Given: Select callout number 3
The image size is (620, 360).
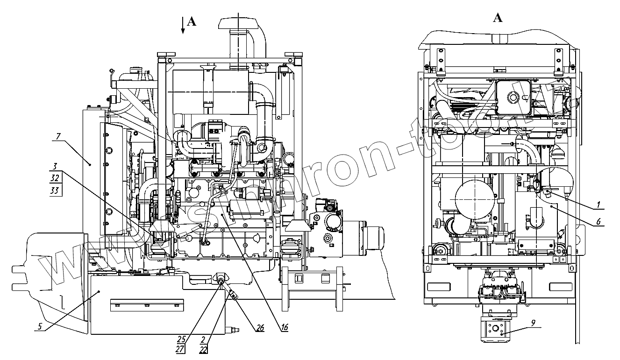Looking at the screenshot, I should pos(55,166).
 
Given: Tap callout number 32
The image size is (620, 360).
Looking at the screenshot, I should pos(55,178).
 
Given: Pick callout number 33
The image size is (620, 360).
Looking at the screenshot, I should pos(55,191).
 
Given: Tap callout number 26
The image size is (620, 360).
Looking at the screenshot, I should pos(260,328).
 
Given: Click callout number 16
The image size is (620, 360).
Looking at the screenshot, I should pos(284,328).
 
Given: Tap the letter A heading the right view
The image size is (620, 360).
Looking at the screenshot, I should pos(498,18).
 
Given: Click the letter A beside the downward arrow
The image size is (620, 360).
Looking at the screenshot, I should pos(191,21).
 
